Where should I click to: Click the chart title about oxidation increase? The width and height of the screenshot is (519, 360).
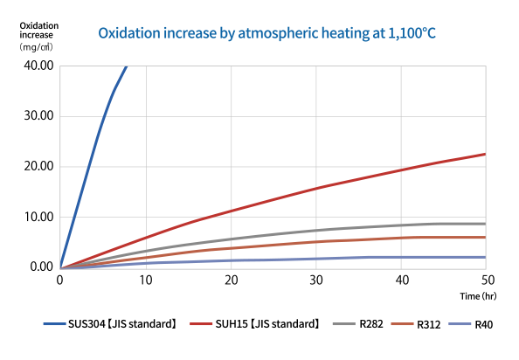click(266, 34)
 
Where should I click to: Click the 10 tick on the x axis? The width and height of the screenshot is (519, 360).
click(145, 280)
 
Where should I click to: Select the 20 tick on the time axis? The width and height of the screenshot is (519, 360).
click(230, 280)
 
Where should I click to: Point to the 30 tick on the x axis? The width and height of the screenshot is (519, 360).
click(315, 280)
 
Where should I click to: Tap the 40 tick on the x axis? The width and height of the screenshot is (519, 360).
click(400, 280)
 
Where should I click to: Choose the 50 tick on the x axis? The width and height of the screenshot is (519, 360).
click(485, 280)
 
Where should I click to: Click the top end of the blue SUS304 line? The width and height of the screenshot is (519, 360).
click(127, 66)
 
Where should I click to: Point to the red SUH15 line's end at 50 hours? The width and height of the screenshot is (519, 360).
click(485, 154)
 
